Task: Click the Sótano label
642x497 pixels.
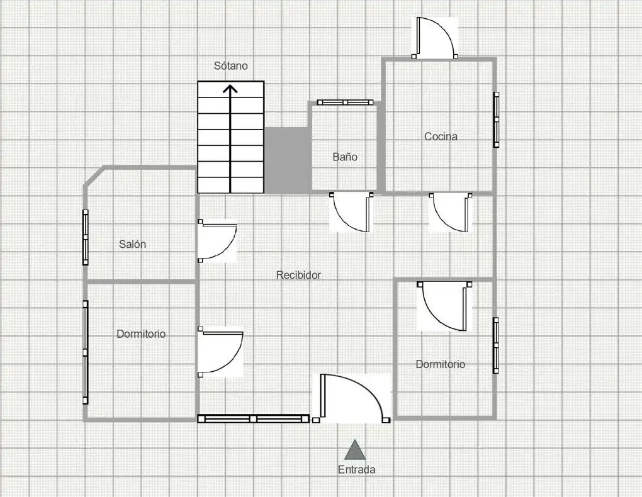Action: tap(230, 65)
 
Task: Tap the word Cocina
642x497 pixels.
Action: tap(441, 137)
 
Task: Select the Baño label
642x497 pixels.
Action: tap(345, 157)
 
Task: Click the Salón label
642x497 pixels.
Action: tap(132, 244)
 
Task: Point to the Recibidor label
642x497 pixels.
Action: tap(298, 275)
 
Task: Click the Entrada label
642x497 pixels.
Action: tap(356, 469)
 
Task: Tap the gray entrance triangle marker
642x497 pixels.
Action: tap(355, 450)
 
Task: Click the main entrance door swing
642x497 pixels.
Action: tap(351, 398)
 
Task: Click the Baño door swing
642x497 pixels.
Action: tap(351, 212)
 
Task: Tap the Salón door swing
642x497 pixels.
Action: tap(217, 241)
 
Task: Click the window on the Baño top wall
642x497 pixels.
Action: tap(345, 103)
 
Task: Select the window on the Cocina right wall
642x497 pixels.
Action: tap(496, 120)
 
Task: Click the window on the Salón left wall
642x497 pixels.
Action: tap(86, 237)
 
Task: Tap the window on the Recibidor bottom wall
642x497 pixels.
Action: tap(254, 419)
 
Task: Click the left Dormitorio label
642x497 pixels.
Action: tap(141, 334)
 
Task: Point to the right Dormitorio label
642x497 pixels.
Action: tap(441, 364)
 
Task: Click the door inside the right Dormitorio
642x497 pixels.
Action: tap(444, 306)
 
